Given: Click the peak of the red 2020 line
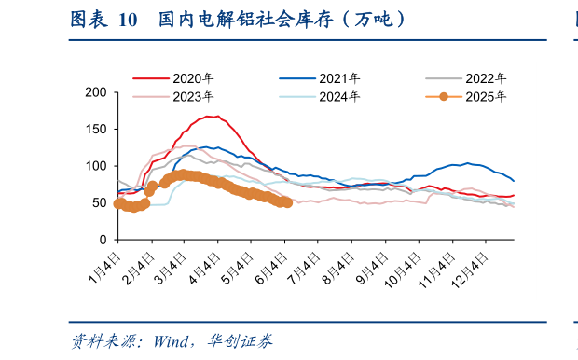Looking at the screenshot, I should pos(213,117).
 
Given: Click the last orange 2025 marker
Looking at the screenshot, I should pos(287,202).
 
